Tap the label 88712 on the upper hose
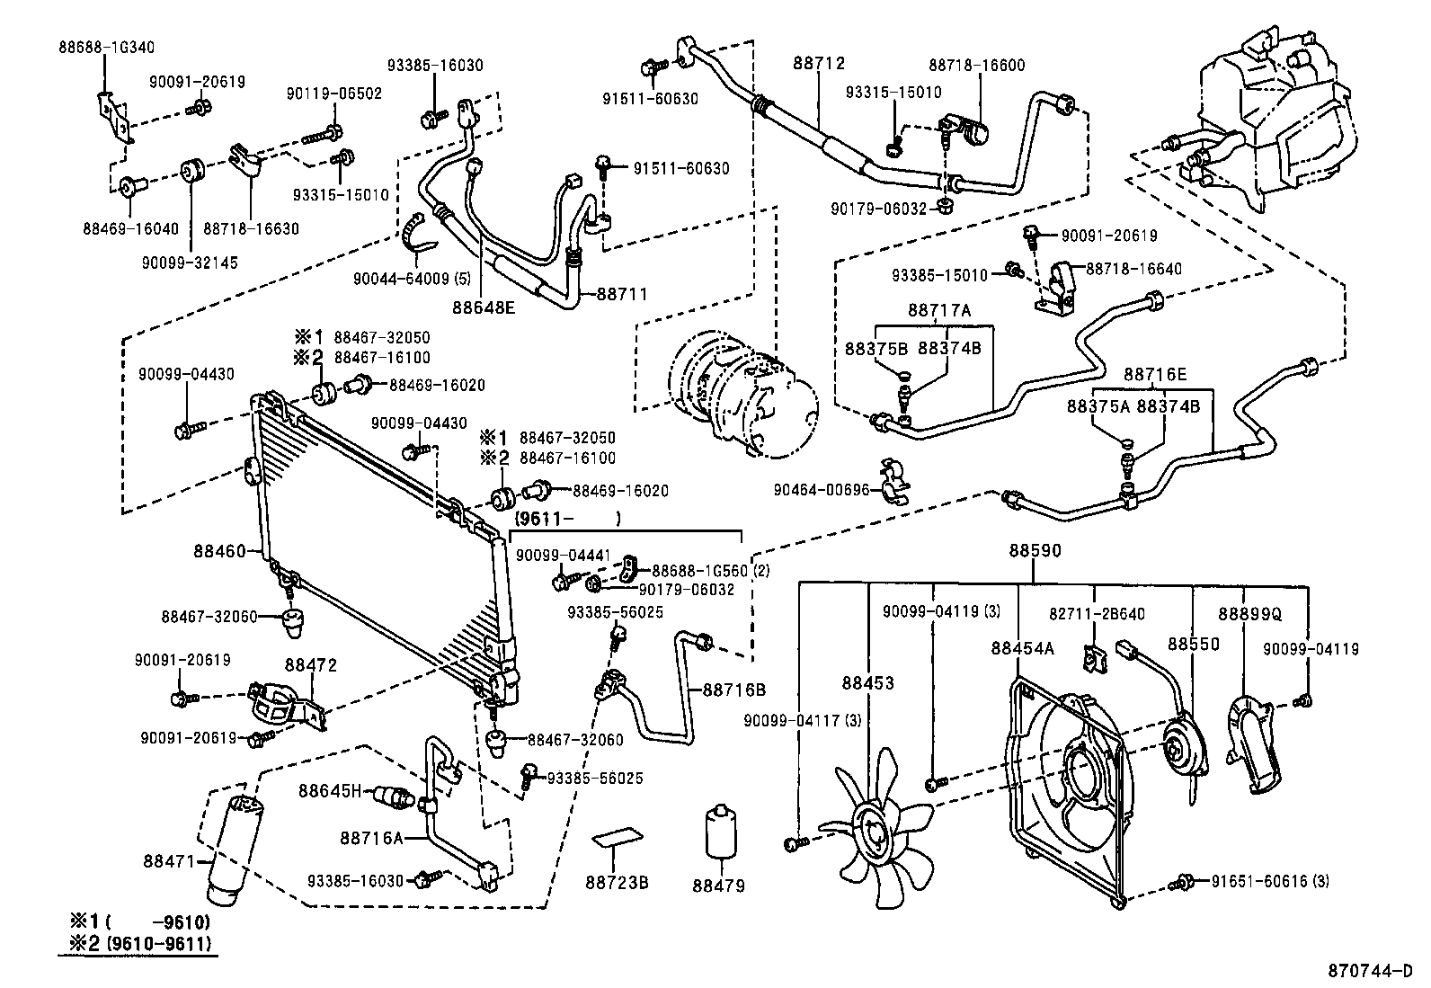click(819, 64)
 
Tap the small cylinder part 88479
click(721, 831)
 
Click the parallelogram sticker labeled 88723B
click(618, 838)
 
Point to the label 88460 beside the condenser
click(219, 550)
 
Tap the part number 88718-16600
click(976, 65)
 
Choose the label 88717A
click(938, 310)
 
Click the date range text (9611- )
click(567, 519)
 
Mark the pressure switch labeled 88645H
click(396, 794)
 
